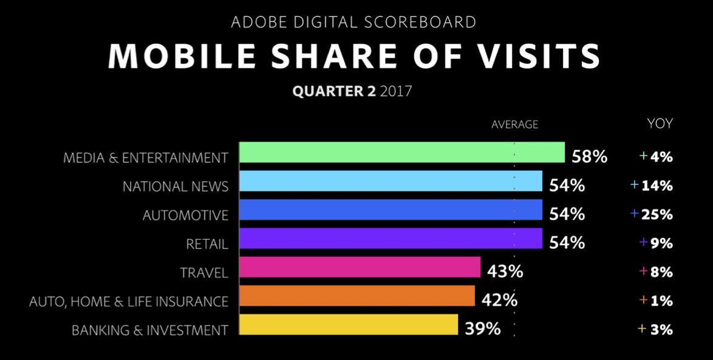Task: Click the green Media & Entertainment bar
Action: [401, 152]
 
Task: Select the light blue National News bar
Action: [391, 181]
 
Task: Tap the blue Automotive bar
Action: [391, 210]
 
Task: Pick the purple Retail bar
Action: [391, 239]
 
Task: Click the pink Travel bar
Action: [360, 267]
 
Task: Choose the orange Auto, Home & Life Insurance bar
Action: [357, 296]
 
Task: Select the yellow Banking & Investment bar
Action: [349, 325]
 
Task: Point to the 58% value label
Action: [589, 157]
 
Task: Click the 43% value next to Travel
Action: [505, 271]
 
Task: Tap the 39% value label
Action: [483, 329]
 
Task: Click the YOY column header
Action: [660, 124]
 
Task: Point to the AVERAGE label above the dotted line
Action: [514, 124]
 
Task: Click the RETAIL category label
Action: [207, 244]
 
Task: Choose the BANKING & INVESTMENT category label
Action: [150, 330]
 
